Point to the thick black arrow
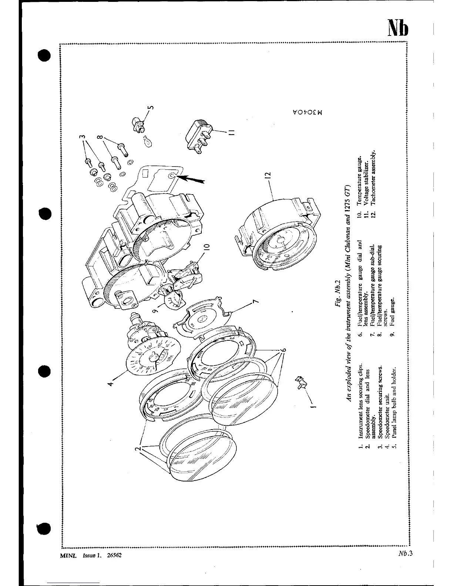[x=192, y=180]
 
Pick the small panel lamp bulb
[x=146, y=141]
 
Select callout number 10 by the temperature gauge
[x=207, y=247]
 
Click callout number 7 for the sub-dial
[x=255, y=302]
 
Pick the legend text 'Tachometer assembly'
[x=373, y=178]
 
